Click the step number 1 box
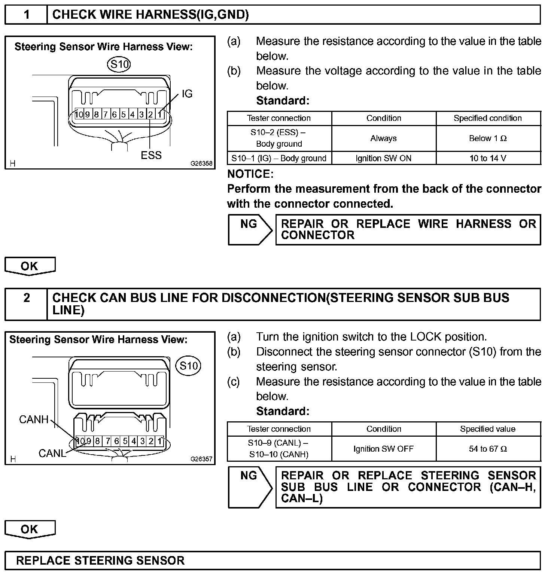pyautogui.click(x=26, y=15)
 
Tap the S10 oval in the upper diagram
pyautogui.click(x=119, y=64)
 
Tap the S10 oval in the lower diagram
pyautogui.click(x=188, y=366)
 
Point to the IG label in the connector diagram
pyautogui.click(x=187, y=94)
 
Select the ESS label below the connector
pyautogui.click(x=151, y=155)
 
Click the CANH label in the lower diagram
pyautogui.click(x=34, y=419)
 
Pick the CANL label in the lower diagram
pyautogui.click(x=52, y=454)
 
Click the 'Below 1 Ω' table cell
pyautogui.click(x=488, y=138)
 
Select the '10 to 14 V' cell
pyautogui.click(x=488, y=158)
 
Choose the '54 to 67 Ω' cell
pyautogui.click(x=488, y=449)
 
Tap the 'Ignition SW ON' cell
pyautogui.click(x=383, y=158)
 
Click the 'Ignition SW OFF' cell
pyautogui.click(x=383, y=449)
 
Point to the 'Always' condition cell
pyautogui.click(x=383, y=138)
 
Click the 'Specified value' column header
pyautogui.click(x=488, y=429)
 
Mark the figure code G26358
pyautogui.click(x=201, y=164)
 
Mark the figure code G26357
pyautogui.click(x=201, y=459)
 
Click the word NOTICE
pyautogui.click(x=250, y=174)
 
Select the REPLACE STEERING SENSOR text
pyautogui.click(x=100, y=561)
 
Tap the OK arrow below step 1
pyautogui.click(x=30, y=266)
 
